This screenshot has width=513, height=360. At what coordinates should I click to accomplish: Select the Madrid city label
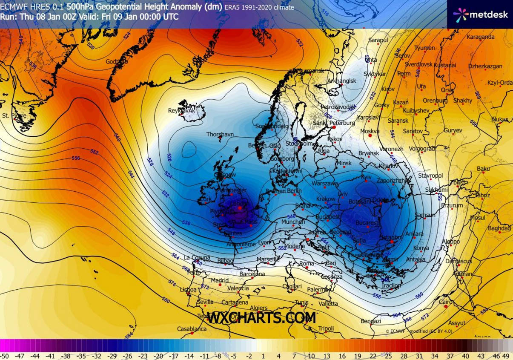220,280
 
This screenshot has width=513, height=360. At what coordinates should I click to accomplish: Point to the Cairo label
446,302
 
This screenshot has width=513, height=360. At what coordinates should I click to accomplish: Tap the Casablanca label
192,329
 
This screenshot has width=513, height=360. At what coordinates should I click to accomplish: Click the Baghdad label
499,228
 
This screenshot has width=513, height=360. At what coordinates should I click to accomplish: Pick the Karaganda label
481,37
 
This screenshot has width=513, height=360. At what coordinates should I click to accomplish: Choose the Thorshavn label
220,134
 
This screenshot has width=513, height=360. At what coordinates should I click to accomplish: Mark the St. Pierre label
14,115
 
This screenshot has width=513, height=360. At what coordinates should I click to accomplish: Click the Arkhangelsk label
341,81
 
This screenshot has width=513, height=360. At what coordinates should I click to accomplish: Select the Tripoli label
326,328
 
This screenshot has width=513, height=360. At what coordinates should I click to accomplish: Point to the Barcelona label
252,274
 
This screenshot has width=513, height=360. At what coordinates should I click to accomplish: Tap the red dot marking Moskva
370,136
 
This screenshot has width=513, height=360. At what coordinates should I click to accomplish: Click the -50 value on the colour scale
5,356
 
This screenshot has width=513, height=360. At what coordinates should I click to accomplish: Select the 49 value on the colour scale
506,356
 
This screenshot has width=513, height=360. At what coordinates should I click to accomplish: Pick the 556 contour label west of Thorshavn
76,158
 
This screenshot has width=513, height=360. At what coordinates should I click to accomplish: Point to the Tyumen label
424,48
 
